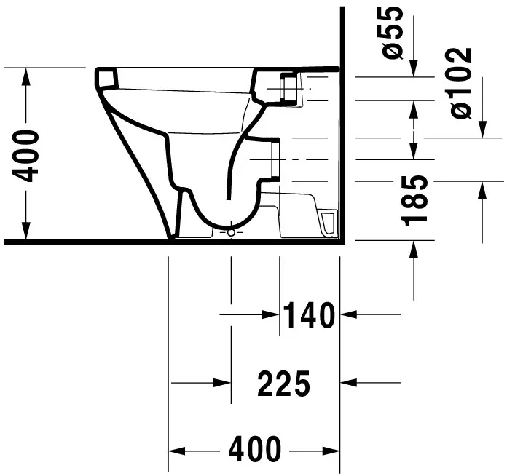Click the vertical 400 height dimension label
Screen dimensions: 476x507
[x=26, y=155]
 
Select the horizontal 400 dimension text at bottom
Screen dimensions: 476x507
[x=254, y=450]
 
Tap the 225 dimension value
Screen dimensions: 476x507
[x=284, y=383]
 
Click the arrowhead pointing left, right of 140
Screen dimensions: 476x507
[x=348, y=314]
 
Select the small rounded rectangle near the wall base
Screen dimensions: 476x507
[x=329, y=223]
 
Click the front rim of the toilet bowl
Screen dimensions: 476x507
[x=106, y=77]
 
